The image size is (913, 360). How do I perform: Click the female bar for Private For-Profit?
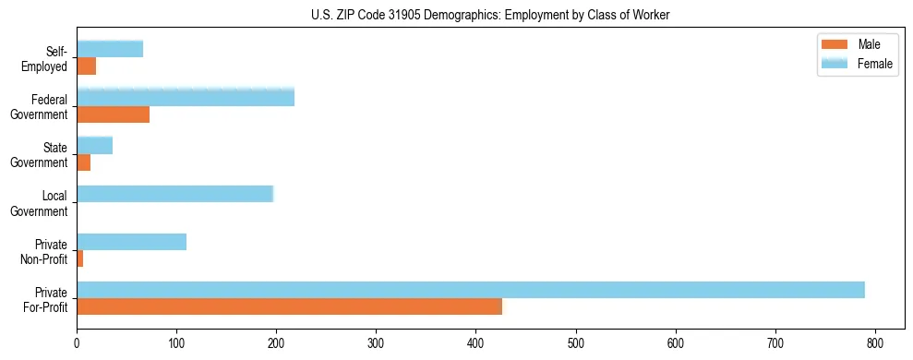pos(471,290)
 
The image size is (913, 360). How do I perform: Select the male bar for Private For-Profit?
pos(235,306)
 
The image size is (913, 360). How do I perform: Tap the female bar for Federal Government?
pos(186,97)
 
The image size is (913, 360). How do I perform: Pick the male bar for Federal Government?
pos(113,114)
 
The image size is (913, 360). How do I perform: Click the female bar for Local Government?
pos(175,194)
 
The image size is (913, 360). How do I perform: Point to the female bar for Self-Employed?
pos(110,49)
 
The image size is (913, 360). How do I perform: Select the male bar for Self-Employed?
pos(86,66)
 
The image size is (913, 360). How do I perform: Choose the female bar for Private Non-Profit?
pos(131,242)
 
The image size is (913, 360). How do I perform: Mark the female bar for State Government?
pos(94,145)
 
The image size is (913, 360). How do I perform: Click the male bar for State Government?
pos(83,162)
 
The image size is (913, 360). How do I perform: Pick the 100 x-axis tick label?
pos(176,345)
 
